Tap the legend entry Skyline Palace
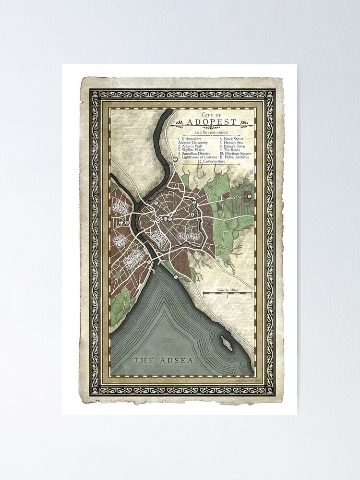[192, 150]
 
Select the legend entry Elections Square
[237, 154]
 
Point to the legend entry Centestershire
[213, 162]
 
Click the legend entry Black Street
[232, 138]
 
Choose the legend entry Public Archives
[236, 157]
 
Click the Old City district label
[188, 236]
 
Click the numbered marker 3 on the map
[250, 196]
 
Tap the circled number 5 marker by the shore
[176, 277]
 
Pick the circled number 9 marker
[156, 203]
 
